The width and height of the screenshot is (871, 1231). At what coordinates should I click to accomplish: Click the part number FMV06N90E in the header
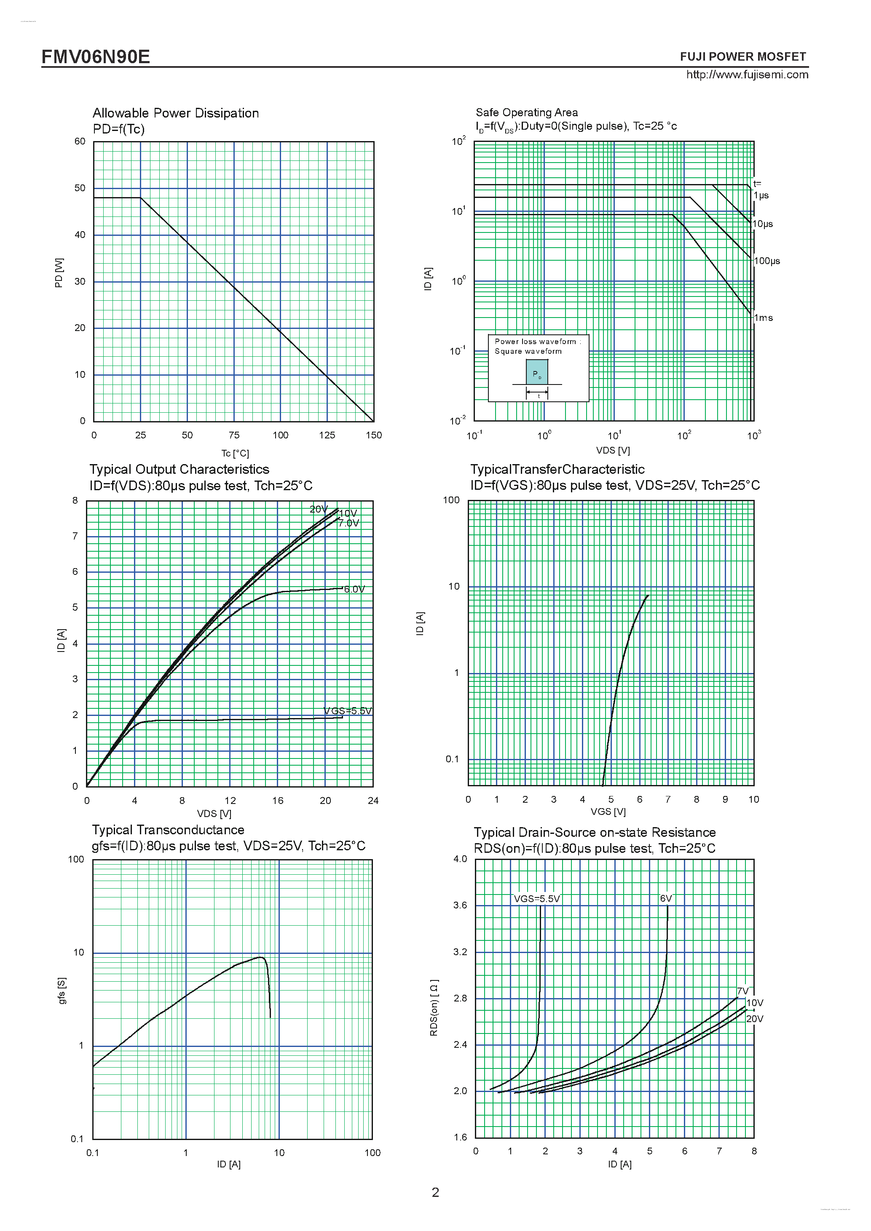pyautogui.click(x=96, y=57)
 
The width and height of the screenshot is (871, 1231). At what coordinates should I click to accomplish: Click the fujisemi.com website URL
pyautogui.click(x=747, y=75)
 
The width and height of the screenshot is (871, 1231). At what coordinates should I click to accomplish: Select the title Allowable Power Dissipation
pyautogui.click(x=175, y=113)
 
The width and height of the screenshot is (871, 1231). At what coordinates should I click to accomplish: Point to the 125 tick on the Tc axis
pyautogui.click(x=327, y=435)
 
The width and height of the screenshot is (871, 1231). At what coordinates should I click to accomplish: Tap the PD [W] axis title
pyautogui.click(x=59, y=272)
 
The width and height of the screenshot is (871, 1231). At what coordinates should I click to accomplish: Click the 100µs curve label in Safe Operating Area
pyautogui.click(x=766, y=261)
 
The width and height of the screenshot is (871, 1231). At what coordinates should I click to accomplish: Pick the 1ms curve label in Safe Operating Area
pyautogui.click(x=763, y=318)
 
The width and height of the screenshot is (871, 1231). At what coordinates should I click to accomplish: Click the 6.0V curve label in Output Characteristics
pyautogui.click(x=354, y=589)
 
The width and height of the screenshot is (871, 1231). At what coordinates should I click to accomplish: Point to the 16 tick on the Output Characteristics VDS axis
pyautogui.click(x=277, y=801)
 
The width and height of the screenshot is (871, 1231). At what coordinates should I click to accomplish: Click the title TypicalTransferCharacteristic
pyautogui.click(x=557, y=469)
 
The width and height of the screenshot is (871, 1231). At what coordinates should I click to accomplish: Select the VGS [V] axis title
pyautogui.click(x=608, y=811)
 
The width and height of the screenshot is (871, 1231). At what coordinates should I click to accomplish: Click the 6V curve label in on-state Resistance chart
pyautogui.click(x=666, y=899)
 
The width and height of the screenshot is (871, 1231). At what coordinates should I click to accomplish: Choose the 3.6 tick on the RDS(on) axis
pyautogui.click(x=460, y=905)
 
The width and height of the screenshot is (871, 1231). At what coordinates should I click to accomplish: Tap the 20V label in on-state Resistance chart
pyautogui.click(x=754, y=1019)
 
